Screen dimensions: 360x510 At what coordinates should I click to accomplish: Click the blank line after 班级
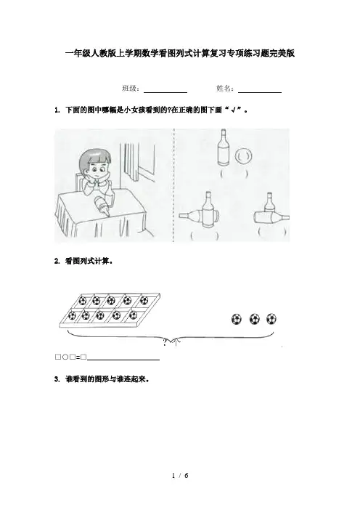click(x=165, y=93)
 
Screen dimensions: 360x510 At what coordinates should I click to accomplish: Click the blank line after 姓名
click(x=260, y=93)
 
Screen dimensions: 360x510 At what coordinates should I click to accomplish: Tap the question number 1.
click(x=57, y=110)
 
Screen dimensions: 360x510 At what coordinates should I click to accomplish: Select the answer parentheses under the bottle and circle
click(x=234, y=174)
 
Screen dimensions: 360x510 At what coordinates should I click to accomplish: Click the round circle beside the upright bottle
click(x=243, y=156)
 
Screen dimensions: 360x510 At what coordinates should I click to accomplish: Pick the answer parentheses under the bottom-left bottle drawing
click(x=205, y=235)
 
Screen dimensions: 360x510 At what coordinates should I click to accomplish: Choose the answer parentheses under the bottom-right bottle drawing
click(x=272, y=232)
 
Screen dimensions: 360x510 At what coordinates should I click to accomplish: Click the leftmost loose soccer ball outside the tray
click(x=237, y=319)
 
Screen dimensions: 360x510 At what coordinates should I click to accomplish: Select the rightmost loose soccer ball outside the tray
click(x=271, y=319)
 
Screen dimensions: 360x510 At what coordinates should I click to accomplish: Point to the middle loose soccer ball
click(x=255, y=319)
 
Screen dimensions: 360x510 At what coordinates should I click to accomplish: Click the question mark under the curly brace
click(x=165, y=342)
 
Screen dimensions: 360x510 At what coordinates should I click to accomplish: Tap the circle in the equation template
click(x=65, y=357)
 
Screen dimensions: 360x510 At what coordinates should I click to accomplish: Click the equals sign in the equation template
click(x=78, y=357)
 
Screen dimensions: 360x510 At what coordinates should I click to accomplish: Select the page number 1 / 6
click(x=180, y=476)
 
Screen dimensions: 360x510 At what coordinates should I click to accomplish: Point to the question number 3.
click(x=57, y=379)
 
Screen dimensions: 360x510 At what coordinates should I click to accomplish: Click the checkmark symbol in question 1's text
click(x=233, y=110)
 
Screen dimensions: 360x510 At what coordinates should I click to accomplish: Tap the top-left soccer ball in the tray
click(x=83, y=300)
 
